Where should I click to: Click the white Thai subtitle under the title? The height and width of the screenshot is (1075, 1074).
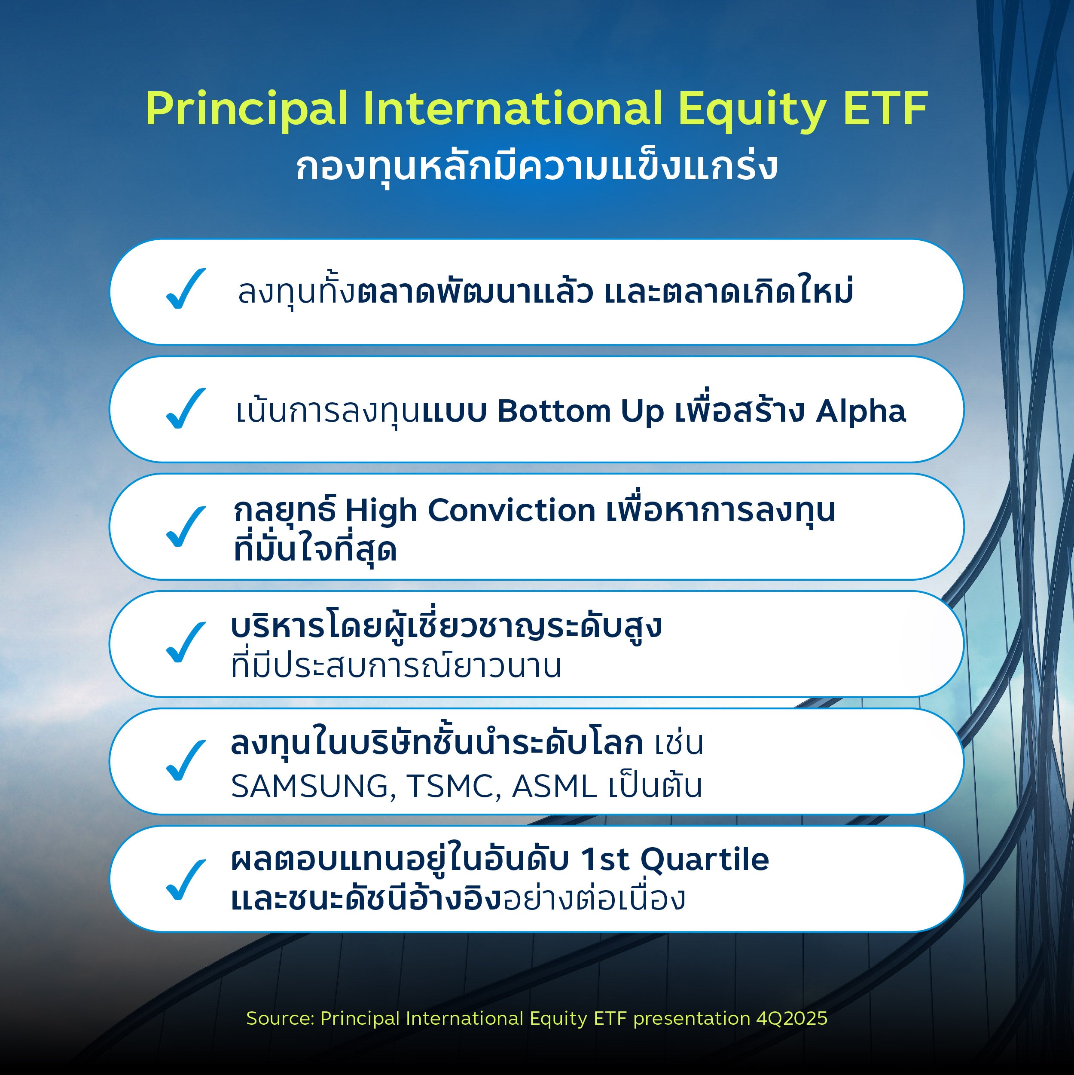tap(536, 166)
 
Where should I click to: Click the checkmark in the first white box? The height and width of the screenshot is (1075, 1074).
tap(186, 289)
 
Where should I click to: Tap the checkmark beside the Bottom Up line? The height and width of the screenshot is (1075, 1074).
tap(186, 408)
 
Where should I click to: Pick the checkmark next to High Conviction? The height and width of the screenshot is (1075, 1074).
tap(186, 527)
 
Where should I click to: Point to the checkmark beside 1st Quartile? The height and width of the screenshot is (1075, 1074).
tap(186, 880)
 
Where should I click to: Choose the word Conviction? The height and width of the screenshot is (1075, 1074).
tap(511, 510)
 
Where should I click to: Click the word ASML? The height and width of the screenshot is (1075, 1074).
tap(554, 787)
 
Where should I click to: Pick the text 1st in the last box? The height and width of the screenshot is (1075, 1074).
tap(605, 860)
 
